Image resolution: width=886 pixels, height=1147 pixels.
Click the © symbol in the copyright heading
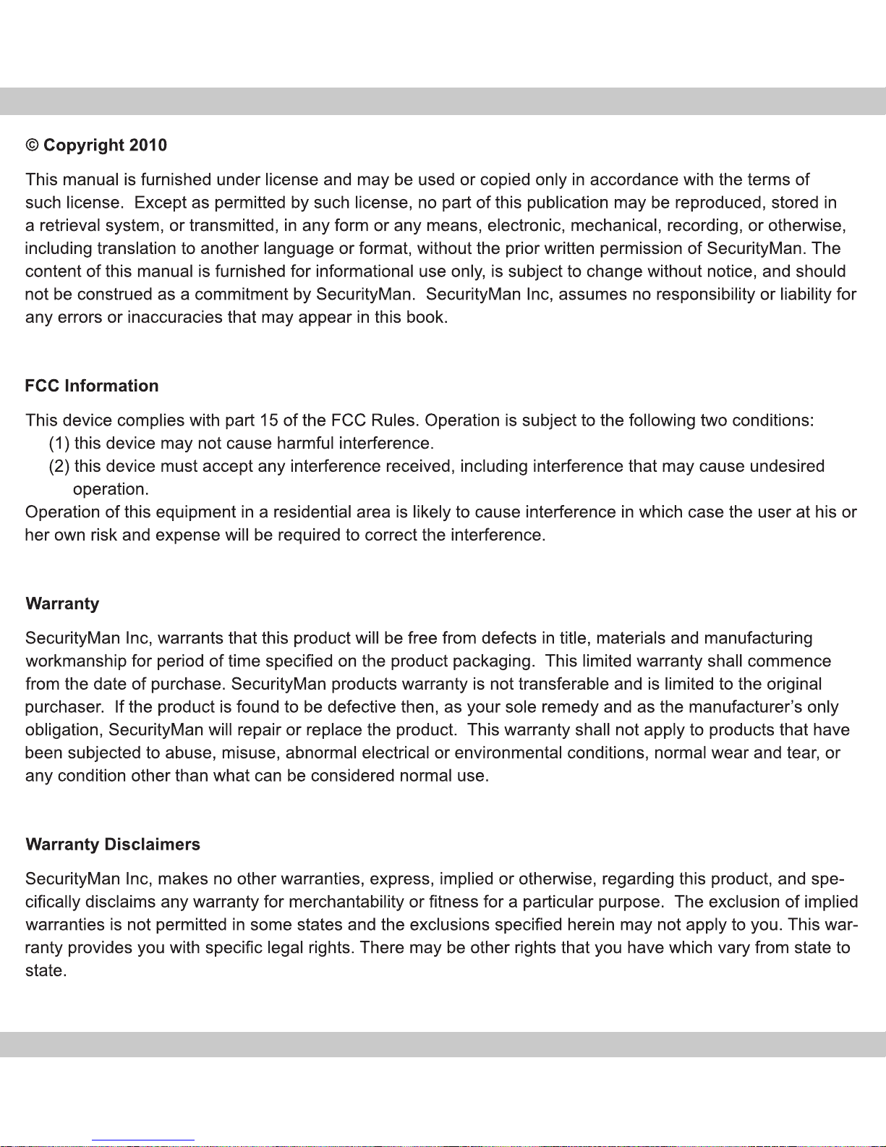32,145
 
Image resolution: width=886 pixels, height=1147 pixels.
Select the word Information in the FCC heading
111,386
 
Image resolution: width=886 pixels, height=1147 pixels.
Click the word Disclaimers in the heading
152,845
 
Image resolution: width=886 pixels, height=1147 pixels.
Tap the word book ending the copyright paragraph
430,318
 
